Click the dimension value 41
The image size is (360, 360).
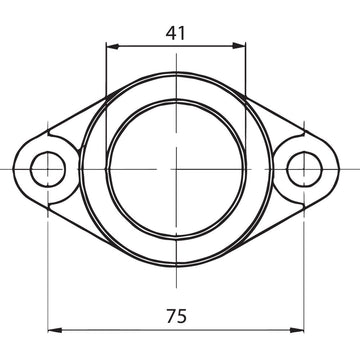(x=176, y=32)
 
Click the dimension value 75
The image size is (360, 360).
(x=176, y=316)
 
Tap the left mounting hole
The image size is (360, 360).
(x=47, y=170)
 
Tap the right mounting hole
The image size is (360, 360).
(x=303, y=170)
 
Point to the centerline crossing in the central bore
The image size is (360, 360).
(x=175, y=170)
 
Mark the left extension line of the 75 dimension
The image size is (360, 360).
(x=47, y=270)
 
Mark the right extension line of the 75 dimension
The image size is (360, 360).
(x=303, y=270)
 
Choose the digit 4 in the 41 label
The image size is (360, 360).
(x=170, y=32)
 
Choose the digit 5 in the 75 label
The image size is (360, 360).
(x=182, y=316)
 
